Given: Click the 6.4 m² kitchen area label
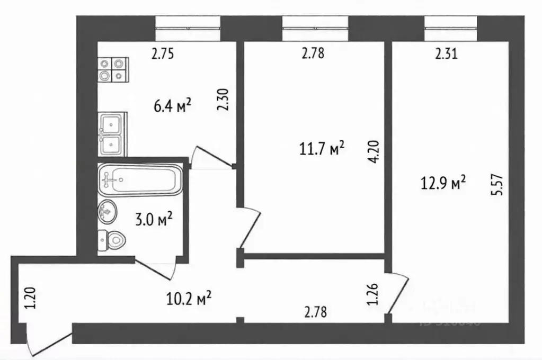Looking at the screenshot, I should pyautogui.click(x=172, y=107).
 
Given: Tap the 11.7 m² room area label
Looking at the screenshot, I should pyautogui.click(x=321, y=149).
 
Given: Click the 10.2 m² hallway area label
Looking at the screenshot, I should pyautogui.click(x=189, y=299).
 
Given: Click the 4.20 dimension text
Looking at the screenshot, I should pyautogui.click(x=375, y=152).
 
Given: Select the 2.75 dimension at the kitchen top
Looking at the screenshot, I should pyautogui.click(x=163, y=53).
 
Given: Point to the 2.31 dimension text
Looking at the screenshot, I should pyautogui.click(x=446, y=53).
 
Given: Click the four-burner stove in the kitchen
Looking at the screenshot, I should pyautogui.click(x=113, y=70).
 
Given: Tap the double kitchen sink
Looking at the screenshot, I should pyautogui.click(x=111, y=134).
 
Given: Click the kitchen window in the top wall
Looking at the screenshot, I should pyautogui.click(x=188, y=25).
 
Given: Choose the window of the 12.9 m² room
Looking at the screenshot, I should pyautogui.click(x=451, y=25).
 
